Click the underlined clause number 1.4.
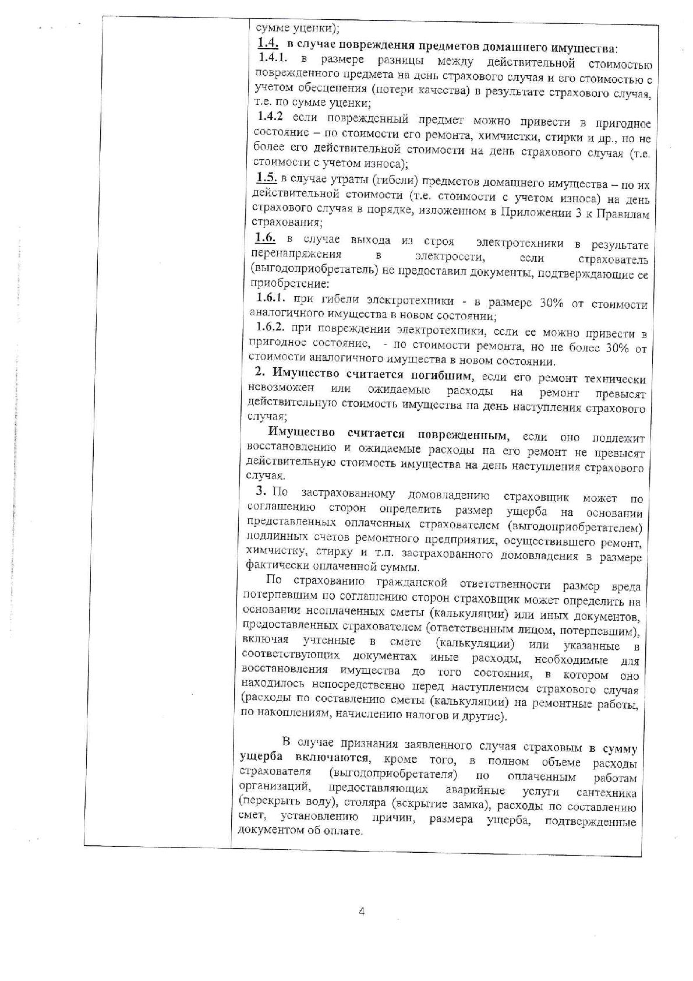[x=268, y=43]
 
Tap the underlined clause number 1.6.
[x=265, y=238]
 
